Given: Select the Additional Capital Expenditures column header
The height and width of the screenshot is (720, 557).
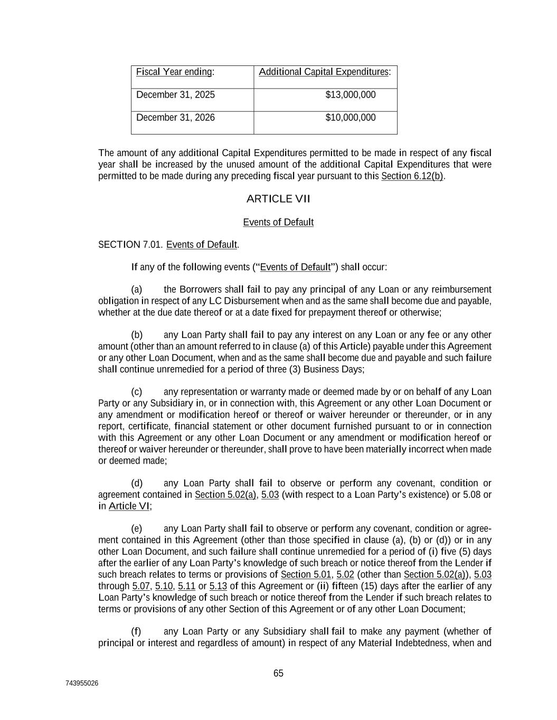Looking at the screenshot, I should pos(324,72).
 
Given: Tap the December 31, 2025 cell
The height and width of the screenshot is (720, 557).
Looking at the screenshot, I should pos(175,95).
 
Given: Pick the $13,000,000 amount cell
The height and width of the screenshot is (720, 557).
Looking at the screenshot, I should pos(350,95).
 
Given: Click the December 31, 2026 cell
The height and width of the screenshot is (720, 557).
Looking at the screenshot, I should pos(175,118).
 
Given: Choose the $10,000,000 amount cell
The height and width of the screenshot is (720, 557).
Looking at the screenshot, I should pos(350,118).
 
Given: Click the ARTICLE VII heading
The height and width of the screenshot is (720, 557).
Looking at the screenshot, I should pos(278,199).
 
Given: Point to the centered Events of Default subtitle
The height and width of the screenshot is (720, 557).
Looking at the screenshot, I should pos(278,223).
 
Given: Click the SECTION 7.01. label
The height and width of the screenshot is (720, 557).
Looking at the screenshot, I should pos(130,245).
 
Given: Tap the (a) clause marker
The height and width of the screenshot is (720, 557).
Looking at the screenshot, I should pos(137,290).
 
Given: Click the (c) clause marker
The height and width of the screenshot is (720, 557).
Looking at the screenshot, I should pos(137,392).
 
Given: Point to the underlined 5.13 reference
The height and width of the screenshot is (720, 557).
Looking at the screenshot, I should pos(218,586).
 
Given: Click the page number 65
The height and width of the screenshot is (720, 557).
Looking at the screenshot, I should pos(278,674).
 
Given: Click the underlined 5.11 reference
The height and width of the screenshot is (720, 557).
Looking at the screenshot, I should pos(186,586).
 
